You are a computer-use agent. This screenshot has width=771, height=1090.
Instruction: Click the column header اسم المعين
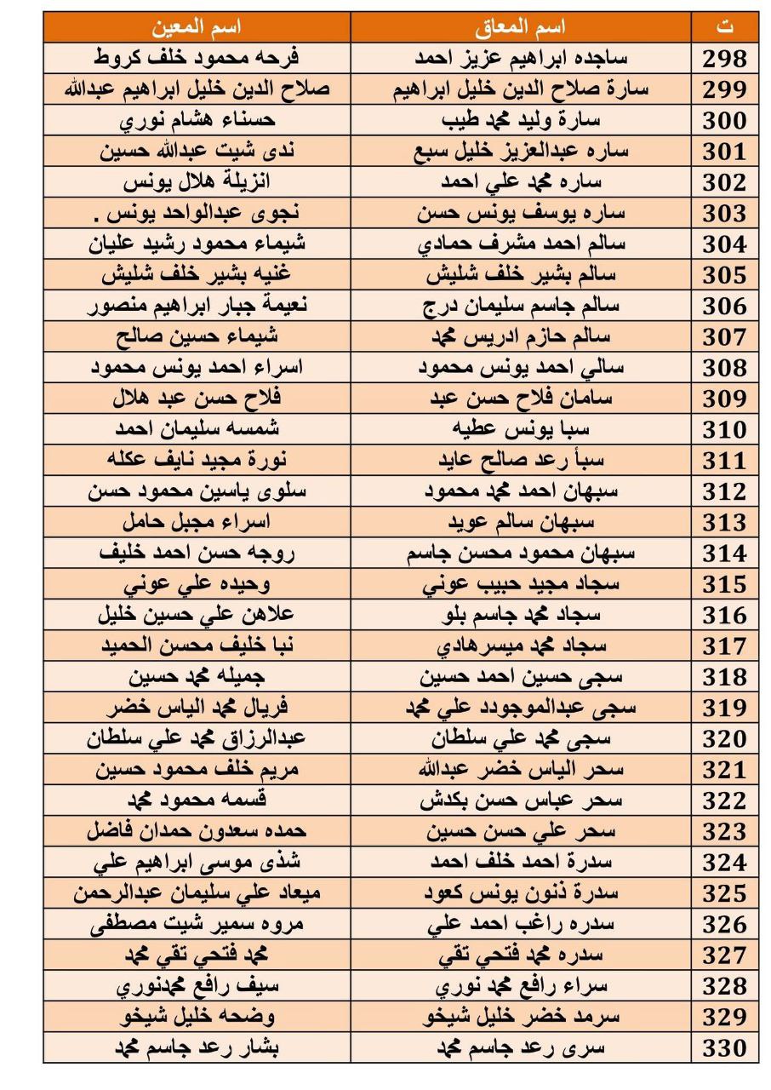click(x=197, y=27)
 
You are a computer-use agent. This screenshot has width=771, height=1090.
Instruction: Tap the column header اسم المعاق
click(x=521, y=27)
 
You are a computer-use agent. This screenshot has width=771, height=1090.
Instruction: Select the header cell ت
click(x=724, y=27)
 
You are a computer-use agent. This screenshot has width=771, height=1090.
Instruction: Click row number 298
click(x=724, y=59)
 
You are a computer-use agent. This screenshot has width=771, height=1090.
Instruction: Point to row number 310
click(x=724, y=429)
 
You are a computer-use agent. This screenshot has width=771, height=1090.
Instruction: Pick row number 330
click(x=724, y=1047)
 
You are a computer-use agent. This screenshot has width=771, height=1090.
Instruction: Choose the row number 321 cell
click(x=724, y=770)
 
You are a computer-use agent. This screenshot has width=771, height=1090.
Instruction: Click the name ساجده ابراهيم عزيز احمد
click(x=521, y=59)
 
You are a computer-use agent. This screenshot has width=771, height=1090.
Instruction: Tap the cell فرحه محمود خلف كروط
click(x=197, y=59)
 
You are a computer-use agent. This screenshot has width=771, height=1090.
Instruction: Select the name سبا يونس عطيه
click(x=521, y=429)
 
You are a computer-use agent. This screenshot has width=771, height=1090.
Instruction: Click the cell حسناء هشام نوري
click(x=197, y=120)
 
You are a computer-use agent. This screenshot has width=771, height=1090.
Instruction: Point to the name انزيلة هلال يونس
click(x=197, y=182)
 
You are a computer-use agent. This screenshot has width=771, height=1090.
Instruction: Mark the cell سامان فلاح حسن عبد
click(x=521, y=399)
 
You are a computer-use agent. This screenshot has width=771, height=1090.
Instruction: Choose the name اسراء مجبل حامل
click(x=197, y=522)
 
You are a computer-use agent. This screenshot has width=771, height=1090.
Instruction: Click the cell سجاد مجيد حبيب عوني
click(x=521, y=584)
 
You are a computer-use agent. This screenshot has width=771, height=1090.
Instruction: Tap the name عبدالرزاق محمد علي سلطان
click(x=197, y=738)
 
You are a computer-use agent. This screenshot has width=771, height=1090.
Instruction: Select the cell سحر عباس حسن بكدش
click(x=521, y=800)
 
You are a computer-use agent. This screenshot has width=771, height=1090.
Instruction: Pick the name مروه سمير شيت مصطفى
click(x=197, y=924)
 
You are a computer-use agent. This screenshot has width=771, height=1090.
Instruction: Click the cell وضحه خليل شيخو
click(x=197, y=1017)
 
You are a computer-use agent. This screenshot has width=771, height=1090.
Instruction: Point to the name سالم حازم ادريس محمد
click(x=521, y=336)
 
